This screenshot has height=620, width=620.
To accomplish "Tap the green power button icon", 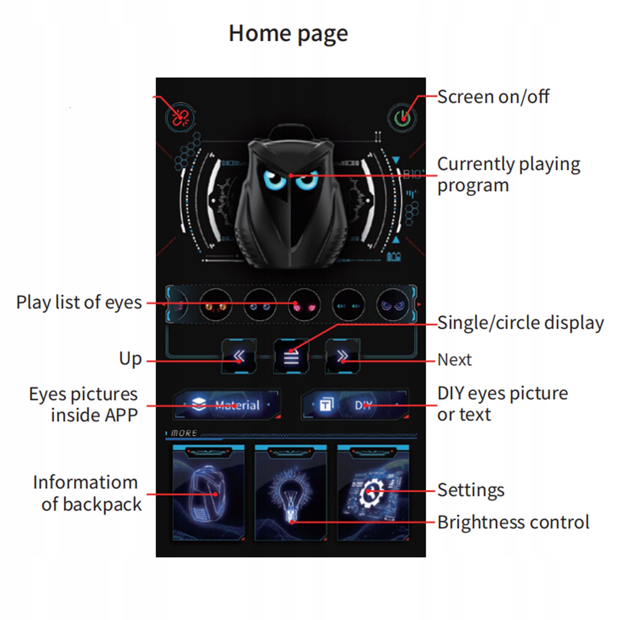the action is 402,118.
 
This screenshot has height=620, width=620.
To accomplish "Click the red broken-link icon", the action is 180,117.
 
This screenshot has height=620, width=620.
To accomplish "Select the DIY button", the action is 355,405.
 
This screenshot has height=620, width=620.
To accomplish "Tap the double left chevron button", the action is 239,356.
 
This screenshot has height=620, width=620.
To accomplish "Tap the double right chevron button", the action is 342,356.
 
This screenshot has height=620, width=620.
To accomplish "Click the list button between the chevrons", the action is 291,356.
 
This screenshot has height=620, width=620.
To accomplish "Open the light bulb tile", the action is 290,493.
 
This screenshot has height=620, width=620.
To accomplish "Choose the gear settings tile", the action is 373,493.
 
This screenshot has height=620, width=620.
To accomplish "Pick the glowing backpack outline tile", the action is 208,493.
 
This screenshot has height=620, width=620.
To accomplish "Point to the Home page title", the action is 288,34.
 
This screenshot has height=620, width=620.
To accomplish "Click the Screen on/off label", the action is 493,97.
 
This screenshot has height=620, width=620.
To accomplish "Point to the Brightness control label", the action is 513,522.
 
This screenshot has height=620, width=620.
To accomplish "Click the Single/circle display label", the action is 520,323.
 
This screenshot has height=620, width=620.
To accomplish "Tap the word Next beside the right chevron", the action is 454,360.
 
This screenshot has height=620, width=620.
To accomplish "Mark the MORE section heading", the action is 184,433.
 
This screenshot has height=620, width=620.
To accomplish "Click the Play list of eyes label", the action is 79,302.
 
